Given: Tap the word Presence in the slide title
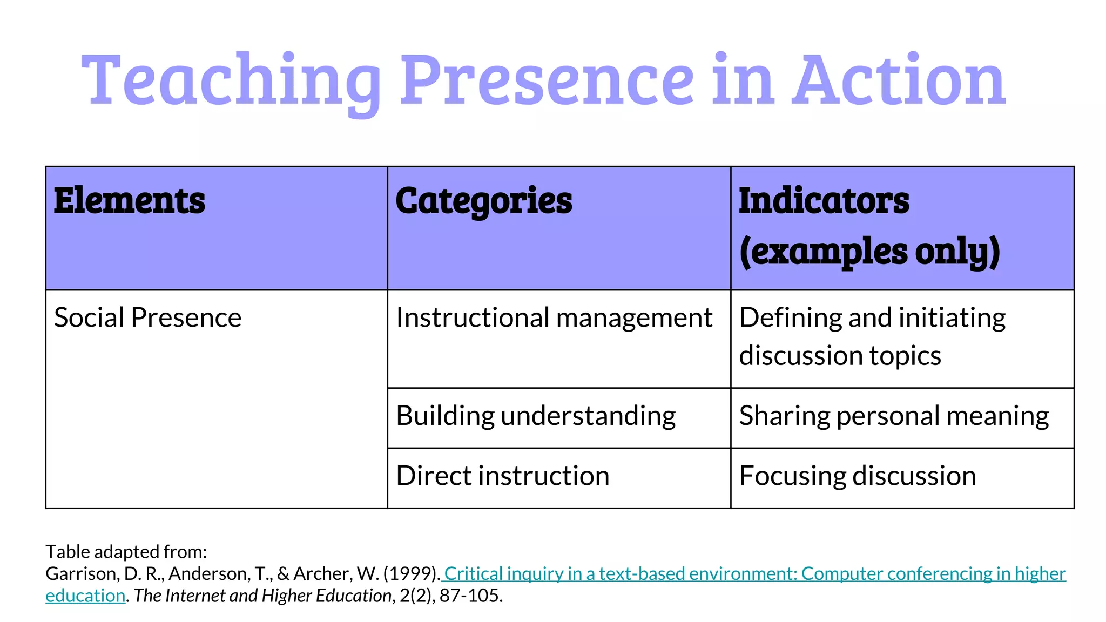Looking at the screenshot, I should tap(547, 81).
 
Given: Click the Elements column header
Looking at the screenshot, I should tap(129, 201).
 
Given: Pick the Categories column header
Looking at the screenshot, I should tap(483, 201).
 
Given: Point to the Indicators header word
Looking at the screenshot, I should tap(824, 201).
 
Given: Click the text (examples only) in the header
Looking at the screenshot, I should tap(869, 252).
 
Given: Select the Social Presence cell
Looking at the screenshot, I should tap(147, 317).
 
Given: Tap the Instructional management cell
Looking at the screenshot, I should tap(554, 317).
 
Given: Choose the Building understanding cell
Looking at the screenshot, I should tap(535, 416).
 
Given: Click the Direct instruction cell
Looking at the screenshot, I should tap(502, 476).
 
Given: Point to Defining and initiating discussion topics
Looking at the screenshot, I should tap(872, 336).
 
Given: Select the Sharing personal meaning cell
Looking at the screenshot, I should tap(894, 416).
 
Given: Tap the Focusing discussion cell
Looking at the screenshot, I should tap(858, 476).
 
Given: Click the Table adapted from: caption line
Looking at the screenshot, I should tap(126, 552).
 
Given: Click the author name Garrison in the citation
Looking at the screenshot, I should tap(81, 573).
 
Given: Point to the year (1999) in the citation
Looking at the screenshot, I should tap(410, 573).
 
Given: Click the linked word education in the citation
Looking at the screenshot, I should tap(85, 596).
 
